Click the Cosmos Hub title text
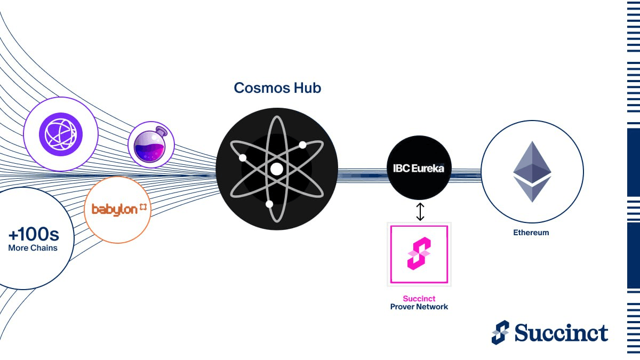tap(277, 87)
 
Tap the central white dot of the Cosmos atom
tap(276, 169)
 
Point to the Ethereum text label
tap(531, 233)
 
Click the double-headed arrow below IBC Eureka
tap(420, 211)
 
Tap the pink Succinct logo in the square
tap(419, 253)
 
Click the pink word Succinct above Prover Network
tap(419, 299)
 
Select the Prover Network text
tap(419, 307)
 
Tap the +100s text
tap(33, 235)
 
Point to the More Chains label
tap(33, 247)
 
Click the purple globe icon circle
tap(61, 133)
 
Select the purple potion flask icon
tap(151, 145)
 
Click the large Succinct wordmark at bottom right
tap(561, 333)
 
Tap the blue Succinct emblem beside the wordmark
tap(500, 332)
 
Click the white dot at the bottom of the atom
tap(269, 204)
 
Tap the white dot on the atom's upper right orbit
tap(302, 145)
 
